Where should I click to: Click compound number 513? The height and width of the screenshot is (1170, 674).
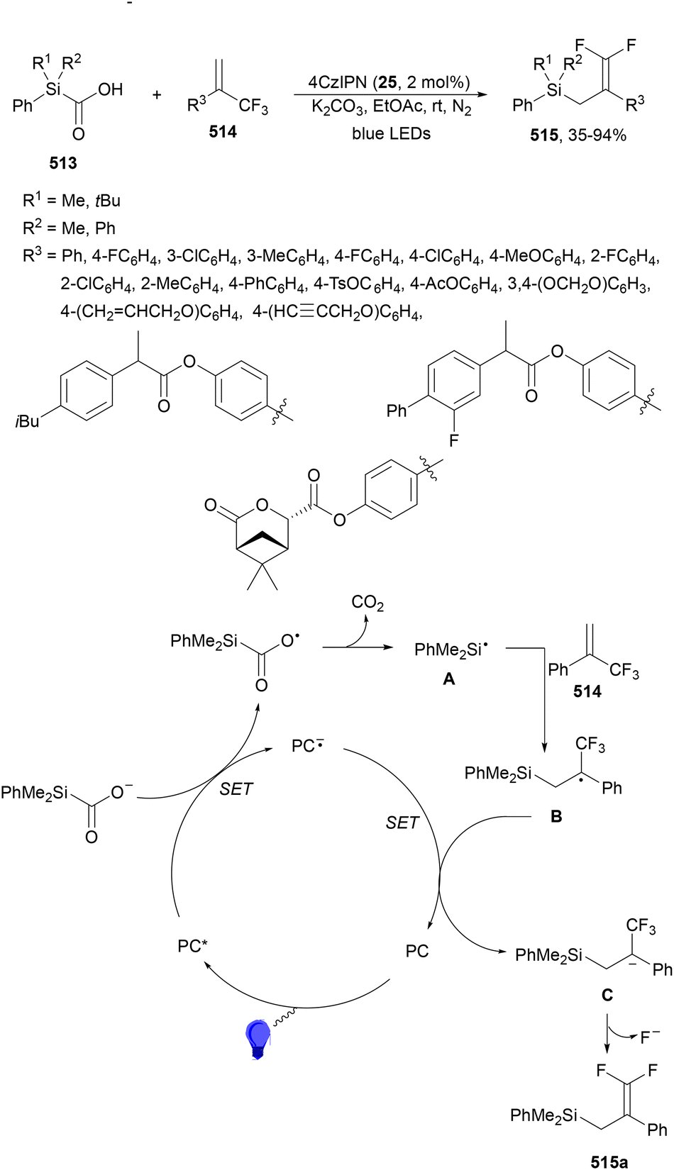tap(63, 163)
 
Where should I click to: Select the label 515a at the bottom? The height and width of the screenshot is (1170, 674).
tap(609, 1161)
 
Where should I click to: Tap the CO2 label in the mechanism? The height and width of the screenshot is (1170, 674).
tap(368, 604)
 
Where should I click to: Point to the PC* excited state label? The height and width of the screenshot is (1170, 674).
tap(192, 946)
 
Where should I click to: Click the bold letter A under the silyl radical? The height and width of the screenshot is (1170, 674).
tap(448, 679)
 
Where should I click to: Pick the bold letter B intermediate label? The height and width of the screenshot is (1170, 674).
tap(556, 816)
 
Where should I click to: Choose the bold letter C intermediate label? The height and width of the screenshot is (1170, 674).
tap(607, 996)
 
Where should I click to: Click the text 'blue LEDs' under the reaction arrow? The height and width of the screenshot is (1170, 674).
tap(391, 133)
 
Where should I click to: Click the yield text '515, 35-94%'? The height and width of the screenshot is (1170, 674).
tap(578, 135)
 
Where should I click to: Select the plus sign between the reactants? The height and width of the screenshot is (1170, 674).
tap(158, 94)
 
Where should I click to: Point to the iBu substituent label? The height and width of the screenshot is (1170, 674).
tap(28, 421)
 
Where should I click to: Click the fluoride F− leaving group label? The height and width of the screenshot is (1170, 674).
tap(650, 1037)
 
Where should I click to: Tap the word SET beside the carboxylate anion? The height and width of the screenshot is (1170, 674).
tap(236, 789)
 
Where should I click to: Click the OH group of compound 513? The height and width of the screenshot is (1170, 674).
tap(110, 89)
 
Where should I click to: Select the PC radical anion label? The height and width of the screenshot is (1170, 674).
tap(308, 746)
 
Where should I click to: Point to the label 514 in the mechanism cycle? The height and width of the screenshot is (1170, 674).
tap(587, 691)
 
